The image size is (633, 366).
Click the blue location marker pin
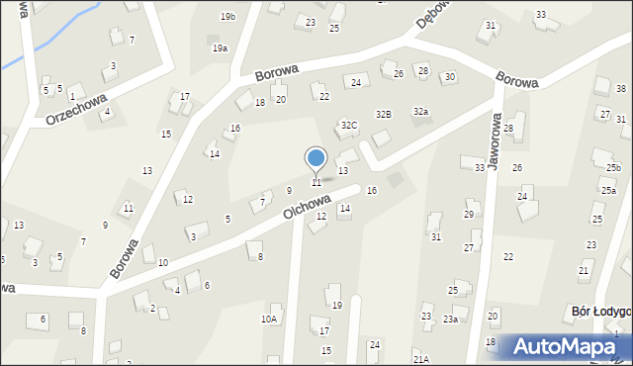click(316, 158)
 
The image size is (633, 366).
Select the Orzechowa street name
click(74, 108)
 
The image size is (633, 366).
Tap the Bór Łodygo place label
click(601, 312)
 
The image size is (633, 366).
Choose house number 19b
click(228, 17)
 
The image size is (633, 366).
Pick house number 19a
click(220, 47)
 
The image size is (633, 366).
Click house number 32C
click(348, 126)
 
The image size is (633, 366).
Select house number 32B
click(384, 115)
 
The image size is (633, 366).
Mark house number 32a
click(421, 112)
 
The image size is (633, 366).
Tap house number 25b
click(613, 168)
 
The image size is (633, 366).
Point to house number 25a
click(608, 190)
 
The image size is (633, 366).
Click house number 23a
click(450, 319)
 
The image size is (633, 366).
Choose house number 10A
click(268, 319)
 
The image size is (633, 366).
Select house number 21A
click(420, 359)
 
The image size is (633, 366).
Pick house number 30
click(449, 77)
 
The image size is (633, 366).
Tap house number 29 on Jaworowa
click(469, 214)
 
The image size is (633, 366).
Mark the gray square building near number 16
click(396, 180)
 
